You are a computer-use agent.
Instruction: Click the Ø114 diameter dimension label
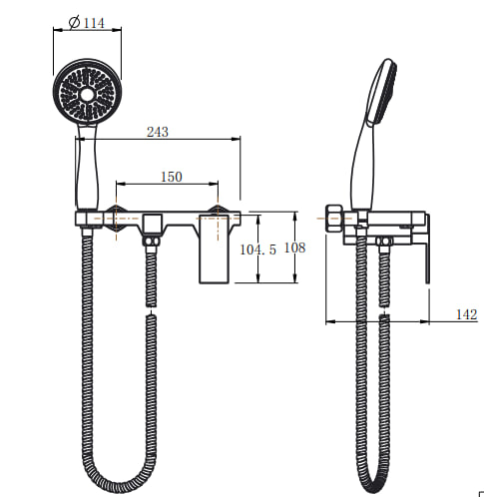87,23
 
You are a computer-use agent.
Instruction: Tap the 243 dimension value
158,132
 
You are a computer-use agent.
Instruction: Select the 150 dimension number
172,177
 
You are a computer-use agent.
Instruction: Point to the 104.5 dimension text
258,249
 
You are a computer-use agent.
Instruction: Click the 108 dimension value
294,248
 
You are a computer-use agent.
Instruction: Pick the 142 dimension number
466,314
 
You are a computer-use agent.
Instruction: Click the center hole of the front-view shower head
87,95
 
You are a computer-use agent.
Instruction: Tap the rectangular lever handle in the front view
214,249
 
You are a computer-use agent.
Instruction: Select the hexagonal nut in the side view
333,219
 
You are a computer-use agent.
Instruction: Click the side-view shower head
382,93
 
